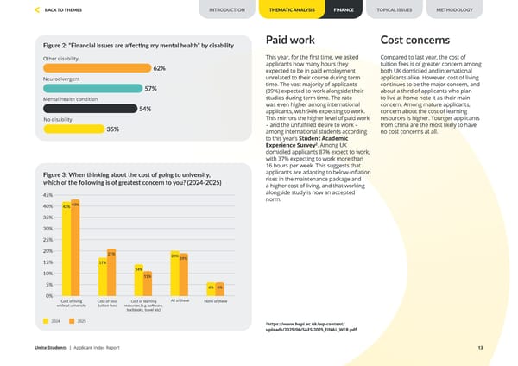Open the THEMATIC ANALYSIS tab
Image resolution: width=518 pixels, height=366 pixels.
292,9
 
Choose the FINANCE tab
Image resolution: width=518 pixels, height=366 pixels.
343,9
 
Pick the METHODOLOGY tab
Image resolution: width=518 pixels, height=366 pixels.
454,9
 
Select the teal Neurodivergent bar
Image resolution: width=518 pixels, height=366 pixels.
92,88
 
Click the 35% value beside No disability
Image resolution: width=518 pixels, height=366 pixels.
112,129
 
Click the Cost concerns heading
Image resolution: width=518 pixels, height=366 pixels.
414,41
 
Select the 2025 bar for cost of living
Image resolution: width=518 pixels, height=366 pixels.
76,248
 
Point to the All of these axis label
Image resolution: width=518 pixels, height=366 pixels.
180,300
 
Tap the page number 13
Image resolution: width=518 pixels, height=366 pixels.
479,347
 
